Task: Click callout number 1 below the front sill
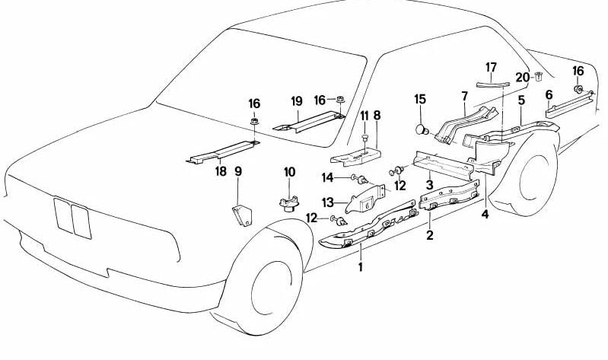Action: pos(361,267)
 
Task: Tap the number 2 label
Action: pos(430,236)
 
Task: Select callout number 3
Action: pos(429,184)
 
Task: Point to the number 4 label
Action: pos(484,214)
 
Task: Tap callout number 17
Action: pos(491,67)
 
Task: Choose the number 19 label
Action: pos(297,100)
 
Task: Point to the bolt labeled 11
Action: pos(364,138)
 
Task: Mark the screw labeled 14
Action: pos(361,180)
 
